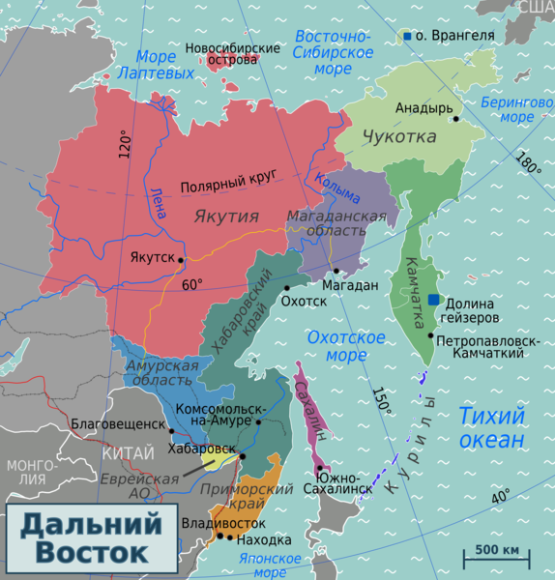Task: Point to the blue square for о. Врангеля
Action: point(407,37)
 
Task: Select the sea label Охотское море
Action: point(345,347)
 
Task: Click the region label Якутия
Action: point(225,216)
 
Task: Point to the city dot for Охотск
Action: point(286,287)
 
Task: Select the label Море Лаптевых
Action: point(149,64)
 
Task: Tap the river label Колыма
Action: point(336,187)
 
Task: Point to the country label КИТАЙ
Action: point(127,452)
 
